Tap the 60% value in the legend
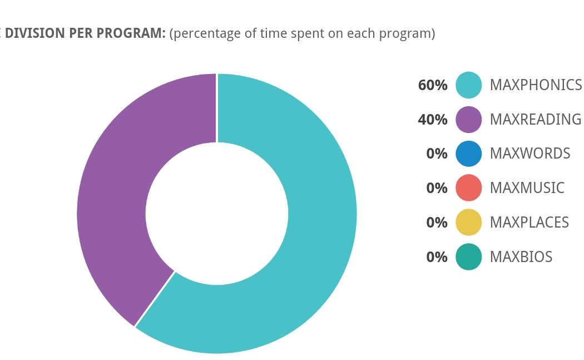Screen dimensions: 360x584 (433, 85)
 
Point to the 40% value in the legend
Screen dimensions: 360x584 (433, 120)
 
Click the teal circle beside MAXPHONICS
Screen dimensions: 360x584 (468, 85)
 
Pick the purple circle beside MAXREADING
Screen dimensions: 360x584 (468, 120)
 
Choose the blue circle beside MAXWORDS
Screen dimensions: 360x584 (468, 154)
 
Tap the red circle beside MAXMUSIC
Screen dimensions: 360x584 (468, 188)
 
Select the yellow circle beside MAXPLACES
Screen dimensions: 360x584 (468, 223)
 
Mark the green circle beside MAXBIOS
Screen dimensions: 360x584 (468, 257)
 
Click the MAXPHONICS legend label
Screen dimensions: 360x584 (536, 85)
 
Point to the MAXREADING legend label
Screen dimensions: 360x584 (535, 120)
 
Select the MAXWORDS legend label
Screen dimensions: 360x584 (529, 154)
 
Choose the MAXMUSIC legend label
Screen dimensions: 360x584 (527, 188)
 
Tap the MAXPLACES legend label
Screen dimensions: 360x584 (529, 223)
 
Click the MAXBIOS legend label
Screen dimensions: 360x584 (521, 257)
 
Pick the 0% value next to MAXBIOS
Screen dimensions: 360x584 (437, 257)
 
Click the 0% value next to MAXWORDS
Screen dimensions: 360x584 (437, 154)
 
